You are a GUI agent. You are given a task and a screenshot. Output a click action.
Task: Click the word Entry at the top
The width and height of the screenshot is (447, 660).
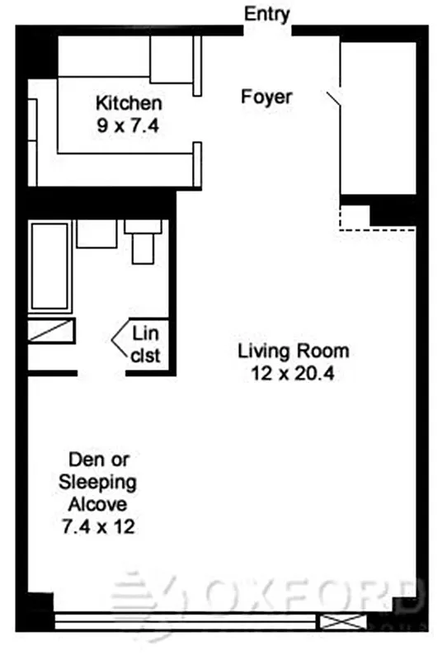pos(266,13)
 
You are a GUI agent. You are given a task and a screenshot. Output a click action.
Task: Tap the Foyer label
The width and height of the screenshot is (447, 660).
pos(266,97)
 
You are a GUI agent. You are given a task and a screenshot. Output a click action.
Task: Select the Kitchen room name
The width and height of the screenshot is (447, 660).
pos(129,104)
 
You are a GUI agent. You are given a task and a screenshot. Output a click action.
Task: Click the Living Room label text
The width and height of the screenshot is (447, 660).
pos(293,351)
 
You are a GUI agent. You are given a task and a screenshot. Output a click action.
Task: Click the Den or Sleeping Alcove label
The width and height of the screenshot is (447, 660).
pos(98,482)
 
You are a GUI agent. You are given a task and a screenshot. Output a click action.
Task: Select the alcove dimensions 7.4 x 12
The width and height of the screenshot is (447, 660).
pos(98,526)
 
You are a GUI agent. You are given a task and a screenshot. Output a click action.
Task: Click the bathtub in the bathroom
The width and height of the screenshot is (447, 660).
pos(50,264)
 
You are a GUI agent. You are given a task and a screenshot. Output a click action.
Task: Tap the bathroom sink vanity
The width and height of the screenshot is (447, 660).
pos(96,233)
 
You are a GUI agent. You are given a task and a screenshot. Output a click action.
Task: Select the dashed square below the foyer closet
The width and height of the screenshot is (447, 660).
pos(355,216)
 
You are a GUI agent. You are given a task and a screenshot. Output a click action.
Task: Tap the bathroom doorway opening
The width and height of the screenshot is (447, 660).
pos(101,374)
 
